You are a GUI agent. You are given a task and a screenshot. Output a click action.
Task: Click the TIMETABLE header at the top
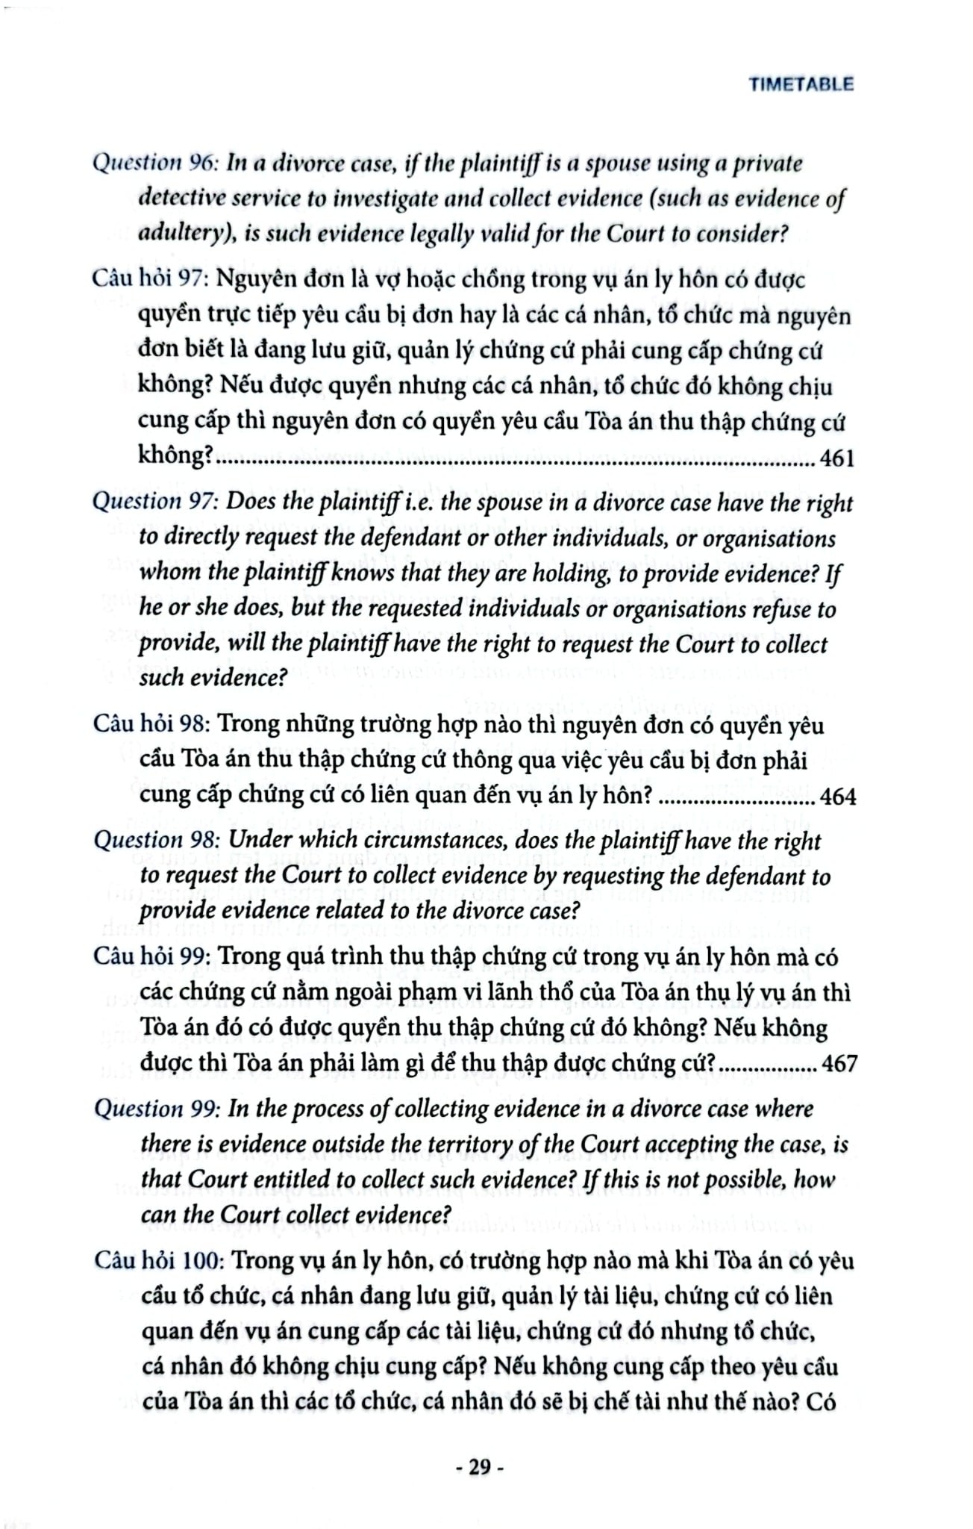point(801,84)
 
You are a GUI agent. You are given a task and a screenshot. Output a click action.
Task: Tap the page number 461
point(836,458)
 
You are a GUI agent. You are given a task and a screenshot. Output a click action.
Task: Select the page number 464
point(838,797)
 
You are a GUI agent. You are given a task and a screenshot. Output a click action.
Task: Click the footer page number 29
point(480,1467)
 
